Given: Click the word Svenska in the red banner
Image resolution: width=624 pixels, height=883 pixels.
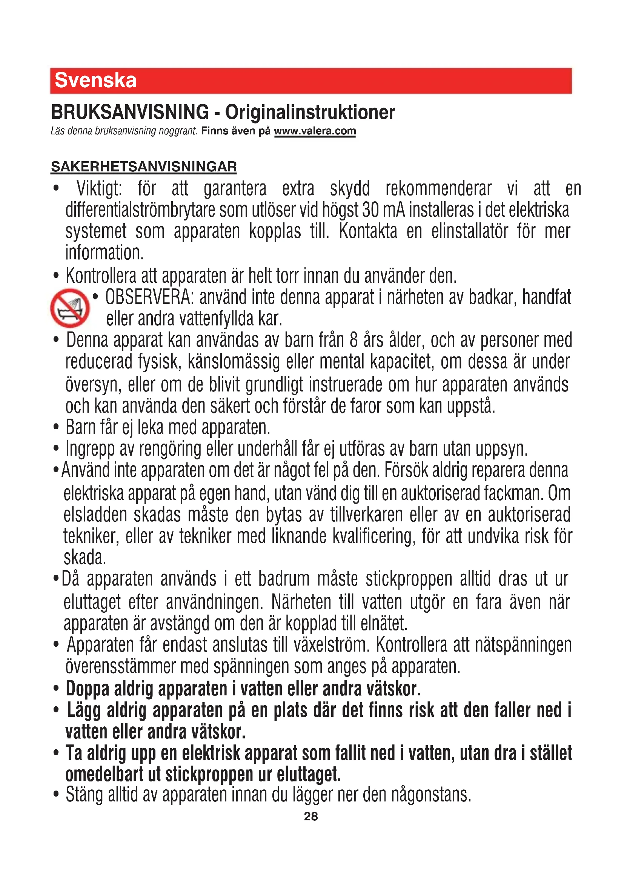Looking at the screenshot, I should tap(95, 80).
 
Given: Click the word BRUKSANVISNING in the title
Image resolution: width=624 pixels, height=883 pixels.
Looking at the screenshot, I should tap(130, 112).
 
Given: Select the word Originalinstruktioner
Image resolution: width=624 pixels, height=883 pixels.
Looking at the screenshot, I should tap(310, 112).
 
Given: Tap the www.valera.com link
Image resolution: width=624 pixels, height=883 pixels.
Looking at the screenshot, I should tap(315, 131).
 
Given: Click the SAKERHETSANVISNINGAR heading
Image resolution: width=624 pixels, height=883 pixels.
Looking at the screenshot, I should tap(144, 167).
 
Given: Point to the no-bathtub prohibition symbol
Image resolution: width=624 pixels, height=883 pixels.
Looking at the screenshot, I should tap(69, 308).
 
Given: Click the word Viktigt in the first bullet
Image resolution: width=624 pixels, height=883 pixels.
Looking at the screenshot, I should tap(99, 189).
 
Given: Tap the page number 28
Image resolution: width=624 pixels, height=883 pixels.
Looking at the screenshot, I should tap(311, 816).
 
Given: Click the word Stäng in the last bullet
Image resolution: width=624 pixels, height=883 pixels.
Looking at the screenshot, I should tap(84, 795).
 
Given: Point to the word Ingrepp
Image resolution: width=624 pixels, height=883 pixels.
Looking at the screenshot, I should tap(90, 449).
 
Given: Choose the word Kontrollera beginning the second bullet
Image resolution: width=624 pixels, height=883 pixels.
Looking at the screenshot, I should tap(101, 276).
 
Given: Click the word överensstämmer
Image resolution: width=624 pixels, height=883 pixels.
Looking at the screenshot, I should tap(120, 667).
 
